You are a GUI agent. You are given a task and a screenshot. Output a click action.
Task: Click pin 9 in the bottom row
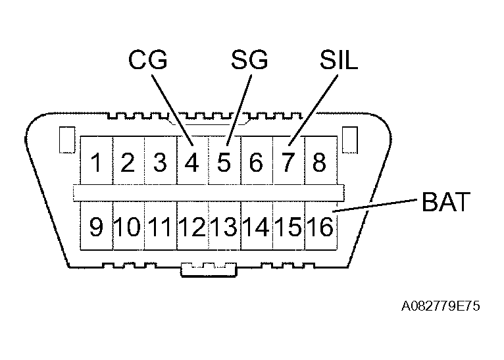click(97, 228)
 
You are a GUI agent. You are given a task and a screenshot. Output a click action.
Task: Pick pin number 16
click(320, 228)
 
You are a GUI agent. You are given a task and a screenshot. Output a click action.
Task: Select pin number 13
click(224, 228)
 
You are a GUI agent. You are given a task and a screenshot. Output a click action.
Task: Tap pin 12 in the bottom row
click(192, 228)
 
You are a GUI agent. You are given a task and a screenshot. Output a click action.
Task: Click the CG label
click(147, 61)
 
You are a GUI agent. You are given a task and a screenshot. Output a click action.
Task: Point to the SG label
click(249, 61)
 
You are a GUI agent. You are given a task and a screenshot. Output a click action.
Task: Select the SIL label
click(338, 61)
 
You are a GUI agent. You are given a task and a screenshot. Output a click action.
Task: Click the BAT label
click(446, 202)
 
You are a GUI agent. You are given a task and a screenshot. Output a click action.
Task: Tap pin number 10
click(128, 228)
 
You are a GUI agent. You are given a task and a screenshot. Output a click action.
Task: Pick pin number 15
click(288, 228)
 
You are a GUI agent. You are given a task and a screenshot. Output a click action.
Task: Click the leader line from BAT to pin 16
click(375, 205)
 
